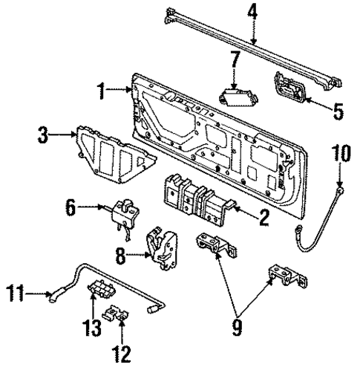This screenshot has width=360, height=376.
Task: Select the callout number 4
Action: [253, 13]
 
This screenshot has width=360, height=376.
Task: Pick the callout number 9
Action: [237, 325]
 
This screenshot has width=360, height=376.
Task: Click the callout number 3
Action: [44, 137]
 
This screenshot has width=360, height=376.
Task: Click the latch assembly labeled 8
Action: [164, 246]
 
